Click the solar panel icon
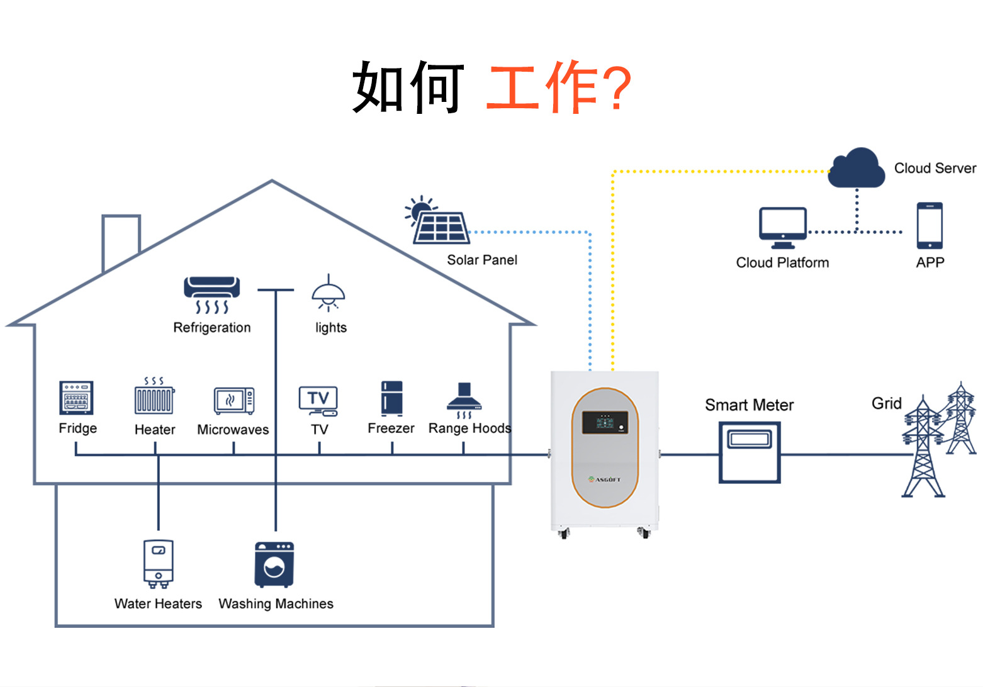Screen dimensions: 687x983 (x=440, y=225)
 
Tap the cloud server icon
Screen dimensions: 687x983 (x=856, y=168)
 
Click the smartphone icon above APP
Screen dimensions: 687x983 (x=930, y=225)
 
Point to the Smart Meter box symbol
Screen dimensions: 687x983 (x=750, y=452)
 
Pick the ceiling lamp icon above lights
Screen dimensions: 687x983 (x=329, y=294)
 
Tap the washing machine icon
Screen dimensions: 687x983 (x=274, y=564)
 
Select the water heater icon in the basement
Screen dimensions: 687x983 (x=158, y=562)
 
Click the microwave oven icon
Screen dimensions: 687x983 (x=233, y=400)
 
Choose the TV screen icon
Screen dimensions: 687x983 (x=318, y=400)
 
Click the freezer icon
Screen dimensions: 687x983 (x=391, y=398)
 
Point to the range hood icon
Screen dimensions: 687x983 (x=464, y=399)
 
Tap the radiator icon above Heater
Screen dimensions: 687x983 (x=154, y=398)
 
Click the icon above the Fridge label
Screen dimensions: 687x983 (x=77, y=398)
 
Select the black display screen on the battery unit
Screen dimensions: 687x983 (x=604, y=422)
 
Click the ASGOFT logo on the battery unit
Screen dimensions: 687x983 (x=604, y=479)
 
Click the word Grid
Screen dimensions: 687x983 (x=886, y=403)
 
